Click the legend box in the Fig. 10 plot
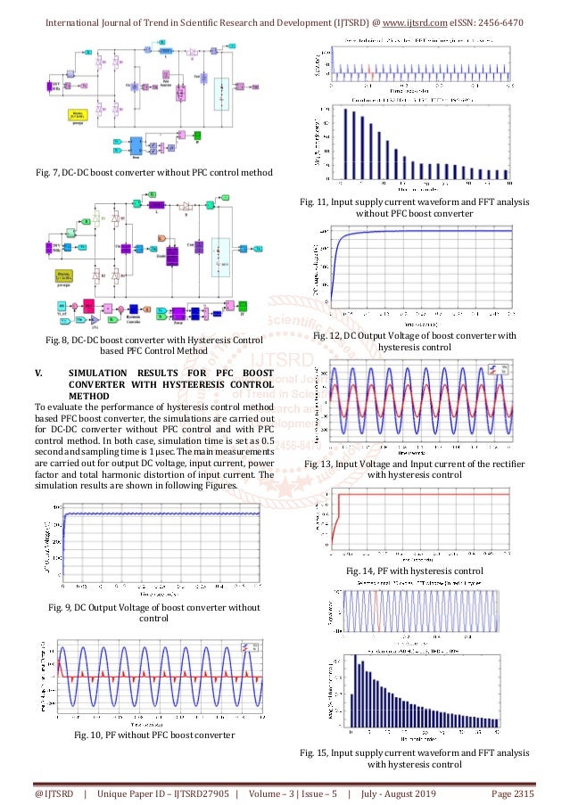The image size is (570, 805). click(x=256, y=646)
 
